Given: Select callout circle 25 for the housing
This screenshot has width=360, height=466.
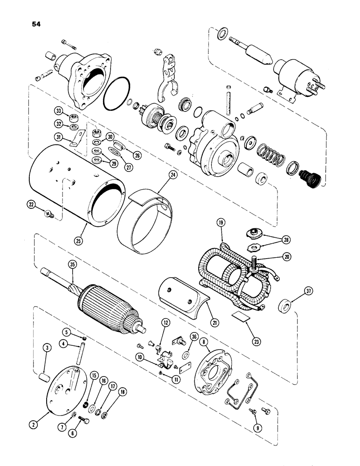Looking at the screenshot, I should click(x=84, y=230).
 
